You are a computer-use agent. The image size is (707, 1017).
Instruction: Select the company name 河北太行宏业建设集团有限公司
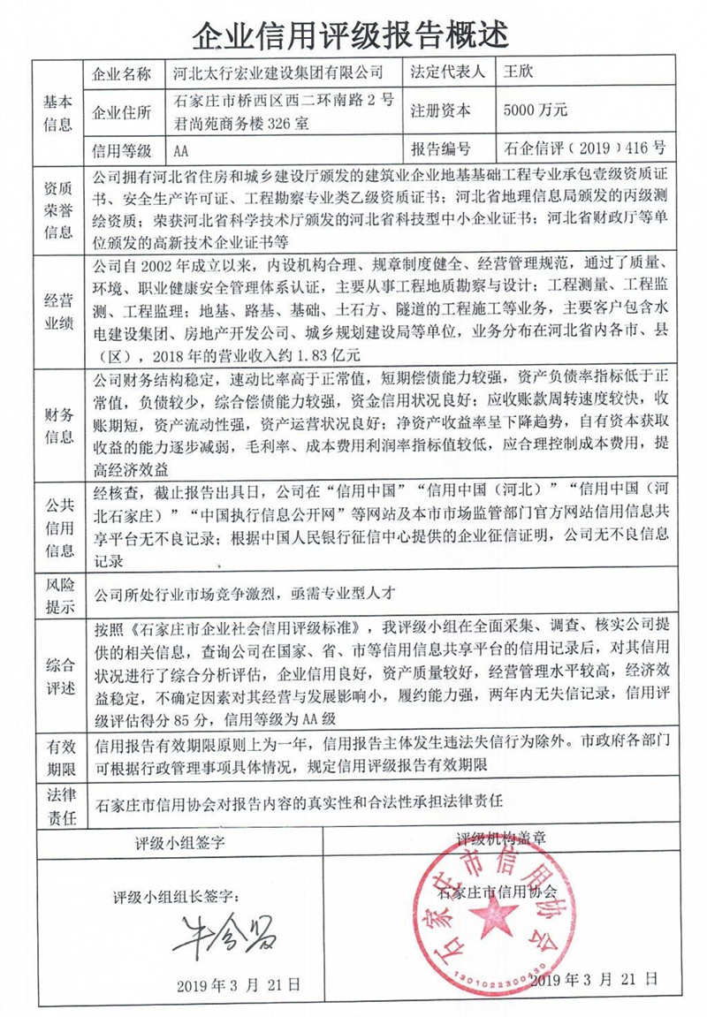pyautogui.click(x=276, y=72)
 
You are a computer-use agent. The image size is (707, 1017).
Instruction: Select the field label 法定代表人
pyautogui.click(x=449, y=72)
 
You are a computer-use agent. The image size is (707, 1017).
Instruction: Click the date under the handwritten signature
pyautogui.click(x=238, y=983)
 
